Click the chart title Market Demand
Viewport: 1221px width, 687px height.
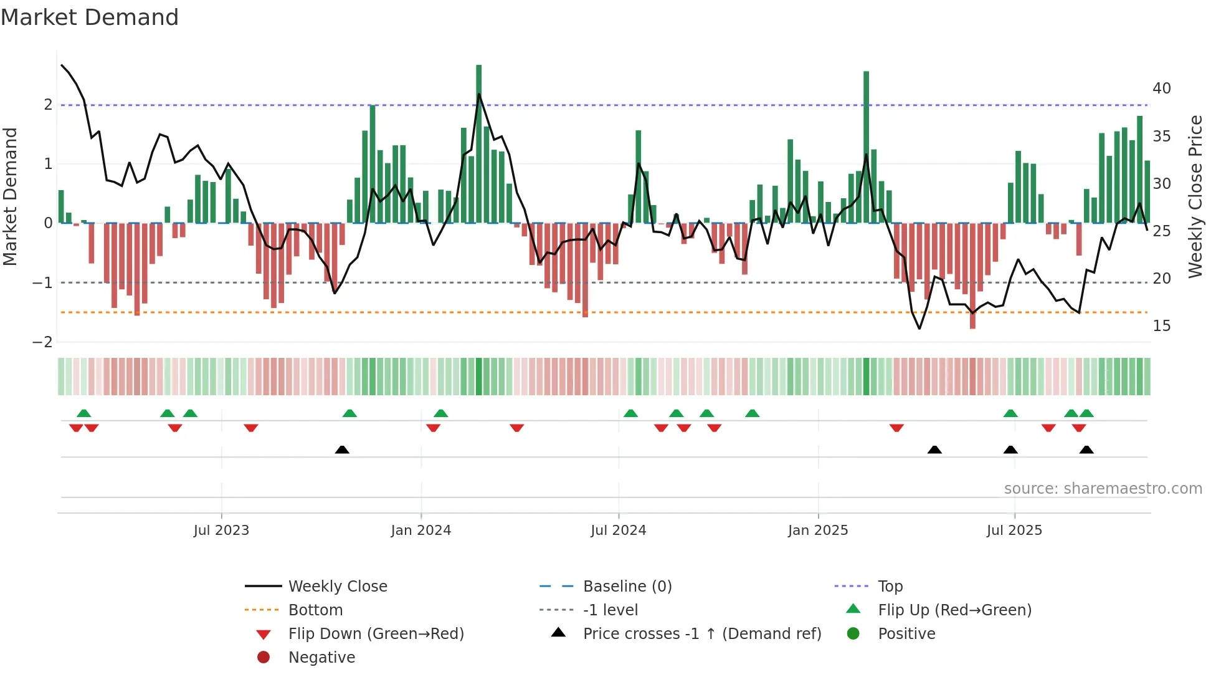tap(90, 17)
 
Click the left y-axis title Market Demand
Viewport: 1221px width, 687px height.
tap(11, 197)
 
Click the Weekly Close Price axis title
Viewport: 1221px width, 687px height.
tap(1195, 197)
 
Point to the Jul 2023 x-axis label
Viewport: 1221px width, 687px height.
tap(221, 531)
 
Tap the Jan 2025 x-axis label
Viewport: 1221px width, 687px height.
tap(817, 531)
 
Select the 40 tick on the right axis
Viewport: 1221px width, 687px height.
tap(1161, 89)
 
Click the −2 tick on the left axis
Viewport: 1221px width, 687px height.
tap(42, 342)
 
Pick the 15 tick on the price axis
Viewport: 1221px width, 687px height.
tap(1161, 326)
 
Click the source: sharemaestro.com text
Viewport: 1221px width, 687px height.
tap(1103, 489)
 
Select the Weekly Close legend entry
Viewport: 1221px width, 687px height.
tap(337, 587)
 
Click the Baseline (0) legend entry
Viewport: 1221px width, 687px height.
tap(627, 587)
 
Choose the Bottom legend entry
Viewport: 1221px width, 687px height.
tap(315, 610)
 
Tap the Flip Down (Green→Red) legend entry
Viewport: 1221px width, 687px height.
tap(376, 634)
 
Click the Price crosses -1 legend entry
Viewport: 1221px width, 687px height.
tap(701, 634)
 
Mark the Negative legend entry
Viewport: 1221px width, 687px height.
tap(321, 658)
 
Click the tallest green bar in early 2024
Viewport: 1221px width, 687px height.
tap(479, 143)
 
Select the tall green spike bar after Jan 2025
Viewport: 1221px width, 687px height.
tap(866, 147)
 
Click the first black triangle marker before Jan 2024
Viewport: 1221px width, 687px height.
tap(342, 449)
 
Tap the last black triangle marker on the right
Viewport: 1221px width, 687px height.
tap(1086, 449)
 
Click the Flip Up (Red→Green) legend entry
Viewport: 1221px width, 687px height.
tap(954, 610)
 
